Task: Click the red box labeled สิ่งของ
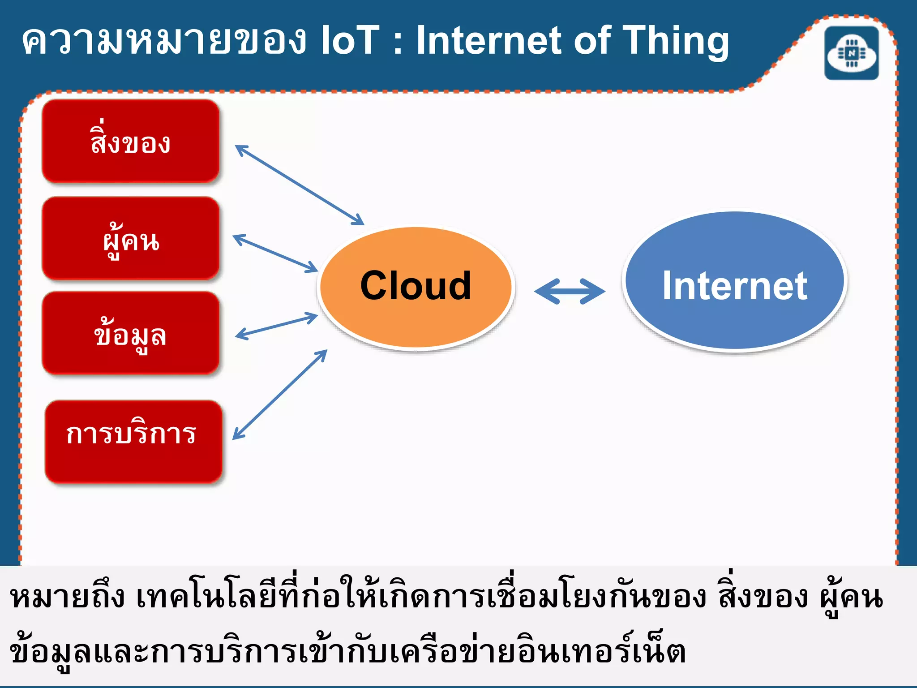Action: (x=130, y=141)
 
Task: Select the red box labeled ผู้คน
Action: (x=130, y=238)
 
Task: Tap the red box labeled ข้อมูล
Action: (x=130, y=333)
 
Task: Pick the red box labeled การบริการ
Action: (x=133, y=442)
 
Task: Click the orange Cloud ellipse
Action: (x=416, y=287)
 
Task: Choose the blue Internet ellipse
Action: (x=734, y=282)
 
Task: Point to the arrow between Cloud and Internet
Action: (x=570, y=292)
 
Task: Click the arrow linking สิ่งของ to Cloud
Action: (x=299, y=185)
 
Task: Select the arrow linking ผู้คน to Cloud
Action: (x=275, y=253)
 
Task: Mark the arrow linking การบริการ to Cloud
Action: (x=280, y=395)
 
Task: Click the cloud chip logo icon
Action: (x=852, y=53)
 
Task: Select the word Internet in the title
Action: (x=489, y=40)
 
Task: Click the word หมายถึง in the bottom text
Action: (x=67, y=598)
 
